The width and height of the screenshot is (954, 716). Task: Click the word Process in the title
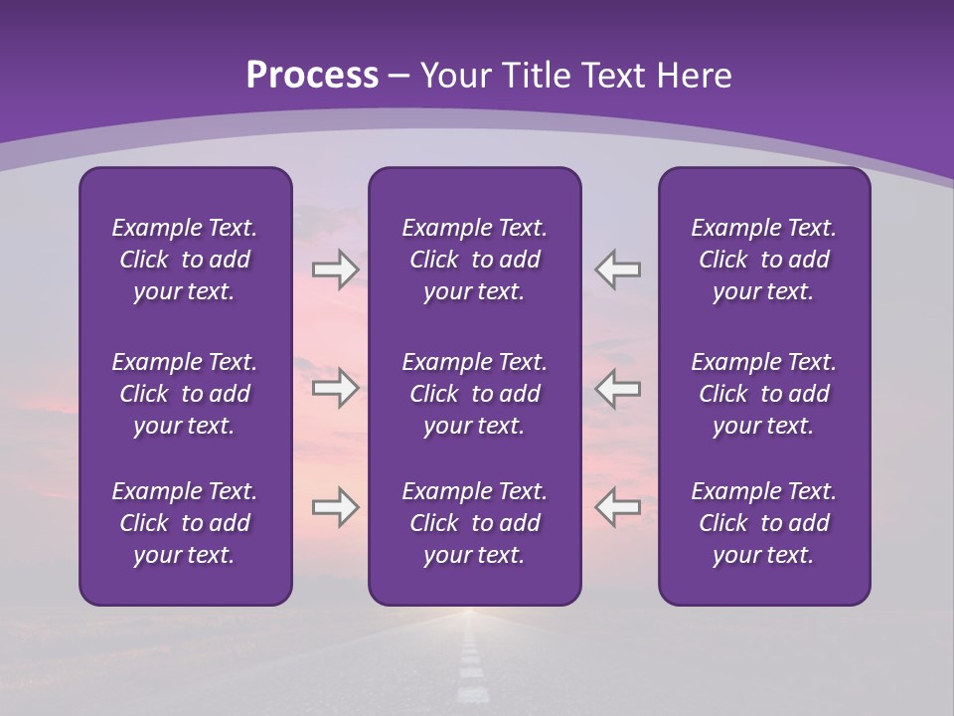pos(312,76)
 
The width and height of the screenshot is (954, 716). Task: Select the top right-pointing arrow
pos(335,268)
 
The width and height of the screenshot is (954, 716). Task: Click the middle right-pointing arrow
pos(335,388)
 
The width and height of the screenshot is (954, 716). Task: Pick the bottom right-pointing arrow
pos(335,507)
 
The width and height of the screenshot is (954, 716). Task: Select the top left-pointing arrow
pos(618,268)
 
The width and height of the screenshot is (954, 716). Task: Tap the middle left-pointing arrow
pos(618,388)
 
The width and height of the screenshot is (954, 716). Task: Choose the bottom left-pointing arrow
pos(618,507)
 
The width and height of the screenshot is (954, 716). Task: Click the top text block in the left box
pos(185,260)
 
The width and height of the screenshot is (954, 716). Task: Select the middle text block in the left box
pos(185,394)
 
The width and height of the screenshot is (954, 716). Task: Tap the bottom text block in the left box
pos(185,523)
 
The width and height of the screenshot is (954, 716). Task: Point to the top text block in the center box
pos(475,260)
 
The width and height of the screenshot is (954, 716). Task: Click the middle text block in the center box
pos(475,394)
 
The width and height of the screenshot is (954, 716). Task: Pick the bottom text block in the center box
pos(475,523)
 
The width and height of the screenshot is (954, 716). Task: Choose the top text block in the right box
pos(764,260)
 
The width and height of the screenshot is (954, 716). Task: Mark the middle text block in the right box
pos(764,394)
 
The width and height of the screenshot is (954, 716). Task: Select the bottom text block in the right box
pos(764,523)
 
